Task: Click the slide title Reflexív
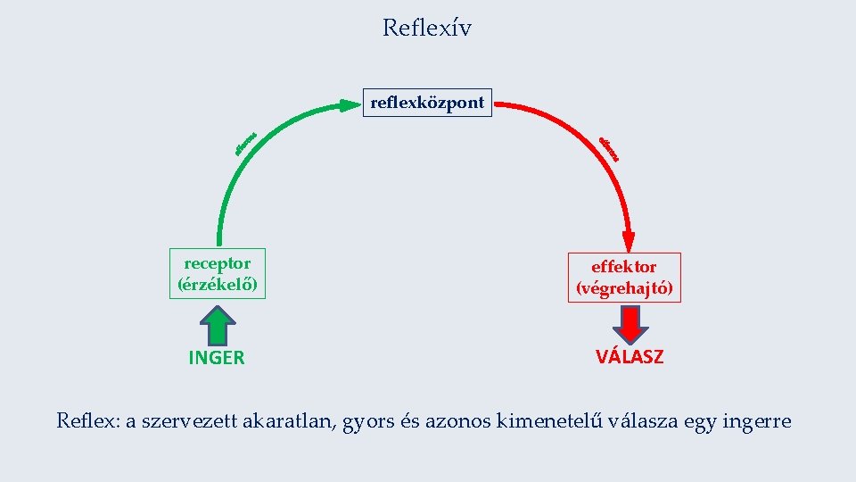pos(427,29)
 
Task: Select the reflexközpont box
pos(427,103)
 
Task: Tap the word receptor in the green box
pos(218,263)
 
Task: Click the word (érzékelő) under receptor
pos(218,286)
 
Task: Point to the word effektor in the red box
pos(624,267)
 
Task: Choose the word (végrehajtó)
pos(624,289)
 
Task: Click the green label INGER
pos(217,359)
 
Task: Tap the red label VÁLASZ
pos(630,357)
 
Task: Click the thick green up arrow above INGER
pos(217,324)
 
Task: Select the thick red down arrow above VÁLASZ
pos(630,324)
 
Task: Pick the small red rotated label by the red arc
pos(609,149)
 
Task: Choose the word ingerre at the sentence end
pos(757,422)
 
